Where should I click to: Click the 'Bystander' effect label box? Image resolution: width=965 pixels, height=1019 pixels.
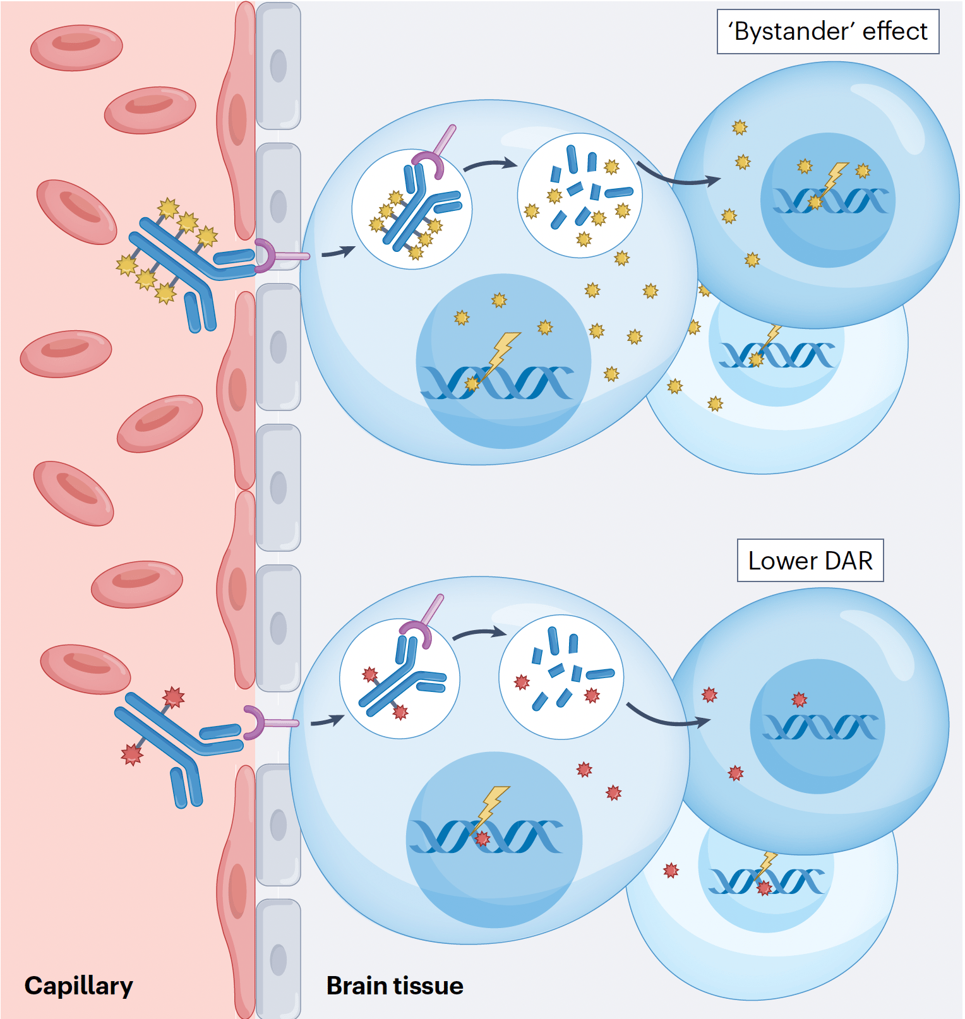827,32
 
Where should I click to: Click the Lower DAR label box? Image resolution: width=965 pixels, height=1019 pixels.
810,561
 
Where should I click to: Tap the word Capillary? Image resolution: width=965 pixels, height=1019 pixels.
78,986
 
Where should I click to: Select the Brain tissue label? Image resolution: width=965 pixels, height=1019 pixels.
394,986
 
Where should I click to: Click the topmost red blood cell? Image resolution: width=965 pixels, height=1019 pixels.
76,47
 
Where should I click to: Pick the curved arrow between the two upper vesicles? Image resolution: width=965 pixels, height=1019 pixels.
490,165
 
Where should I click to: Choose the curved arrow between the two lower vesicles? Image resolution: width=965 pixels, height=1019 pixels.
480,633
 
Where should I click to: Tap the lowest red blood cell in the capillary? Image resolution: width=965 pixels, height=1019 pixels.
85,669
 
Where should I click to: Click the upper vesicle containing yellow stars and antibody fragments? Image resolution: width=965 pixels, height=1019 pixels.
580,196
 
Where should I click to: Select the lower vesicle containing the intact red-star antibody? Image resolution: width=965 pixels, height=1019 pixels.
400,679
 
